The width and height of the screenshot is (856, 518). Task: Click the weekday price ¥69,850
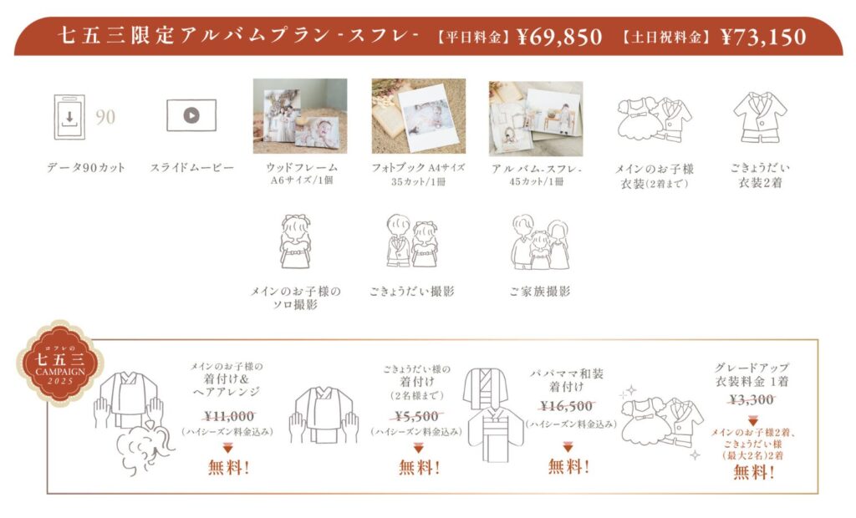559,37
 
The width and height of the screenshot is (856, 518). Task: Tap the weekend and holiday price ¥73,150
763,37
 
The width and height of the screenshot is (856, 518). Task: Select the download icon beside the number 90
69,117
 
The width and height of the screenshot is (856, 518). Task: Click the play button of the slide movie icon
191,115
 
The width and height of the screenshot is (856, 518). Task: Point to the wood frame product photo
300,116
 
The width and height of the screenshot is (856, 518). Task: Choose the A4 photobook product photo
419,116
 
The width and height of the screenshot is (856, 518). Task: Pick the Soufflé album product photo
536,119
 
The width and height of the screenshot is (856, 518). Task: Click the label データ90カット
86,168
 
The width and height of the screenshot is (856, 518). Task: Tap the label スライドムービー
191,168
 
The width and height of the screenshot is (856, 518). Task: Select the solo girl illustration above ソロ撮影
295,241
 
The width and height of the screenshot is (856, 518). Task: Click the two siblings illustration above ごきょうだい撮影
412,241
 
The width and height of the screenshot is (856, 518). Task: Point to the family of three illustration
540,242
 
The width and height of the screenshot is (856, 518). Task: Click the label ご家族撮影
539,292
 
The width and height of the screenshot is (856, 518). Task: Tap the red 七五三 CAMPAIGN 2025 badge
60,363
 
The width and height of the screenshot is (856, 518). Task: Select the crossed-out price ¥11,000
229,416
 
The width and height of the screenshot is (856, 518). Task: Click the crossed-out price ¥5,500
416,416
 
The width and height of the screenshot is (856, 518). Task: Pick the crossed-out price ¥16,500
567,406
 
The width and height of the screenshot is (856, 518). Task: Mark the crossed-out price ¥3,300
752,399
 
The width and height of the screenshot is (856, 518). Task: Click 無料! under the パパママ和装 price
568,467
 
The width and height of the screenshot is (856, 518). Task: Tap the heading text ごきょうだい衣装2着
761,175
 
